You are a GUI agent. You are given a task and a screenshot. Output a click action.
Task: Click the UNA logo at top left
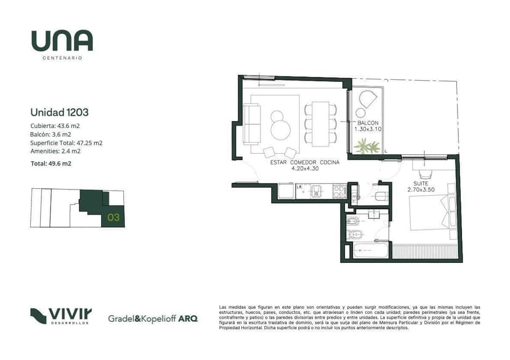(62, 41)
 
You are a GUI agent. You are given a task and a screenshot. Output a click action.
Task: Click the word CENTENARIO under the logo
(62, 58)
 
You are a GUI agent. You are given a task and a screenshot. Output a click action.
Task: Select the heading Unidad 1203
(60, 113)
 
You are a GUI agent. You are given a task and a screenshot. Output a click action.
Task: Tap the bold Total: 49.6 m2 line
(51, 164)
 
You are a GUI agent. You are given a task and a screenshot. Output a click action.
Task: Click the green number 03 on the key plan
(113, 217)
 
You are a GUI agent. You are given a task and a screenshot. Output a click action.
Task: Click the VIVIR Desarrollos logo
(61, 316)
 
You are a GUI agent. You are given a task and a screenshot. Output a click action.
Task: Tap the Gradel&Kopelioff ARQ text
(153, 319)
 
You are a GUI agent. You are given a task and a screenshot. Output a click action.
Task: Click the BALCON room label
(368, 123)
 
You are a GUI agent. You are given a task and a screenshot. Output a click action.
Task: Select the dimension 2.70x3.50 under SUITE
(421, 190)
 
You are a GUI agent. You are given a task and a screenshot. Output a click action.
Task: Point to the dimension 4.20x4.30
(305, 169)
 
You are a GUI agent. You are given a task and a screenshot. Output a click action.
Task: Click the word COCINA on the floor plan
(330, 162)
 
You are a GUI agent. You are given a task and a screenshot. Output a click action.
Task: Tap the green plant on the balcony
(367, 146)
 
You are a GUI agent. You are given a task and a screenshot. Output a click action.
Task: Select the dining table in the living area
(320, 124)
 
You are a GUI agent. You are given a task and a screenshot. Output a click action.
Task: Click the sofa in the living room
(252, 124)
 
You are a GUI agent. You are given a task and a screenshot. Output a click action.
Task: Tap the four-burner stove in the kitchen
(339, 191)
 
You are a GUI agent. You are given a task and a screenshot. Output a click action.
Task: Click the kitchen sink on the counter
(316, 191)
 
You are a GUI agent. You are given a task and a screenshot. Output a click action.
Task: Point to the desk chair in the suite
(426, 175)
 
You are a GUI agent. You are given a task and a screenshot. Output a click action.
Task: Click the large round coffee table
(280, 130)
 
